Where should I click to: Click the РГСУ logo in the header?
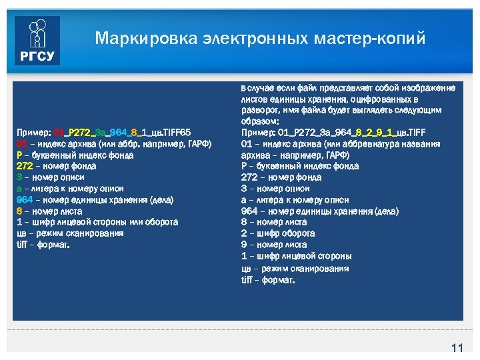38,41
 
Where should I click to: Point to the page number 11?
457,348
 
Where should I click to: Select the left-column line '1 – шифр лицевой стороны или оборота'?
97,222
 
